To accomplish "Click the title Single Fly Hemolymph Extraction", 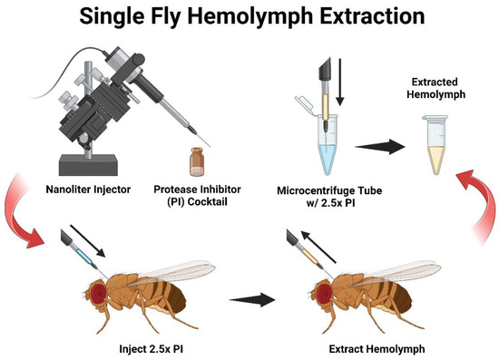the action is (249, 17).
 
